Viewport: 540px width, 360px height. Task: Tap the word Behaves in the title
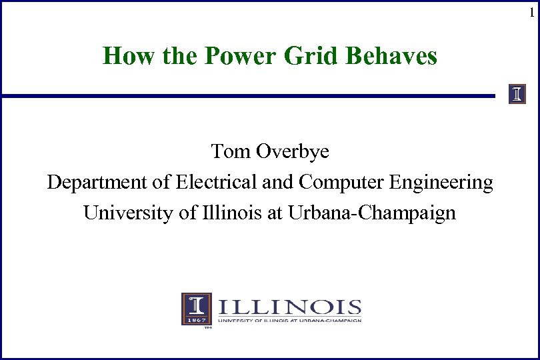click(391, 56)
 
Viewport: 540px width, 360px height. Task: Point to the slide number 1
click(531, 13)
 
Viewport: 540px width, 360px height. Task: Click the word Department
click(88, 183)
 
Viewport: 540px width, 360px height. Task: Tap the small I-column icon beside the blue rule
click(517, 94)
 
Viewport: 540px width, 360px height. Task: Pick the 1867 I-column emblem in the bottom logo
click(197, 309)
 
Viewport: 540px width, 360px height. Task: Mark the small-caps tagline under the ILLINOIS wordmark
click(289, 321)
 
